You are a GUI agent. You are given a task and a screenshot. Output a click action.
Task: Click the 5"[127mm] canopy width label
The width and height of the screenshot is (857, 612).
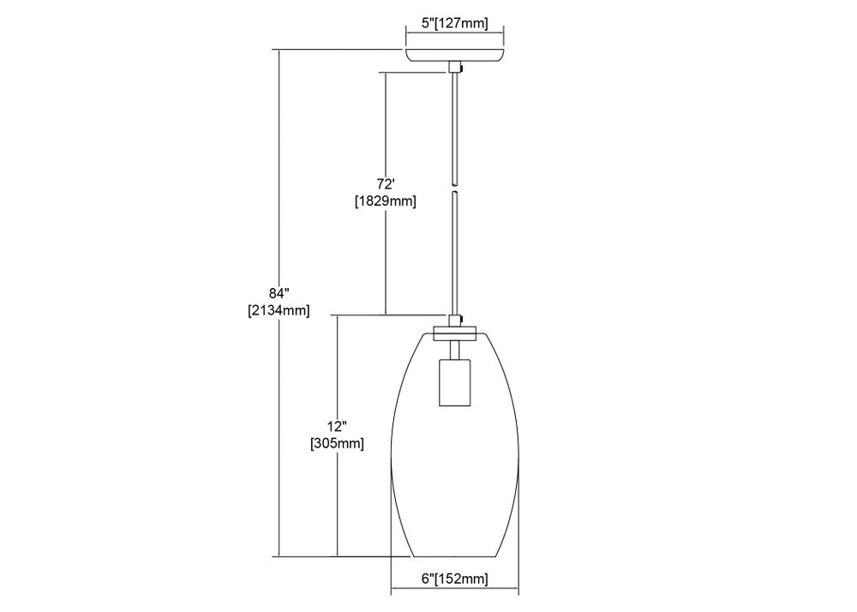click(455, 23)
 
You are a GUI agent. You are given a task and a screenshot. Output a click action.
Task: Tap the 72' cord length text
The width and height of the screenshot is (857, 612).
click(386, 184)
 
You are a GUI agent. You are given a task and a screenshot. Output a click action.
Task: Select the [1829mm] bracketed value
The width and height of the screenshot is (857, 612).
click(386, 201)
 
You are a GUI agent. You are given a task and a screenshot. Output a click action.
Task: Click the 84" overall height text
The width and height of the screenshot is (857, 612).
click(279, 293)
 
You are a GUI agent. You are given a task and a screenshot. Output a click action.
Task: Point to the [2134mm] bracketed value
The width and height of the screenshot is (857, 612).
click(279, 310)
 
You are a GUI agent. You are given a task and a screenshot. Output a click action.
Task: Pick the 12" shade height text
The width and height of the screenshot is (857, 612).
click(337, 426)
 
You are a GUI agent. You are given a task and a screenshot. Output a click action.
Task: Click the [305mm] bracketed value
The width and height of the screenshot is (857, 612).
click(337, 443)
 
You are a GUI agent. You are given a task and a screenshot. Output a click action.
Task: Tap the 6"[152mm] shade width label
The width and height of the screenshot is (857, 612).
click(455, 579)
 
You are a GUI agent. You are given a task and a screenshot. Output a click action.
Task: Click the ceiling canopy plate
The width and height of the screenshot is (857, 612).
click(455, 56)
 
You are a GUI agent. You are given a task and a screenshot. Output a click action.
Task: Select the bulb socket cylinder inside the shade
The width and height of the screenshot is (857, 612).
click(454, 382)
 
